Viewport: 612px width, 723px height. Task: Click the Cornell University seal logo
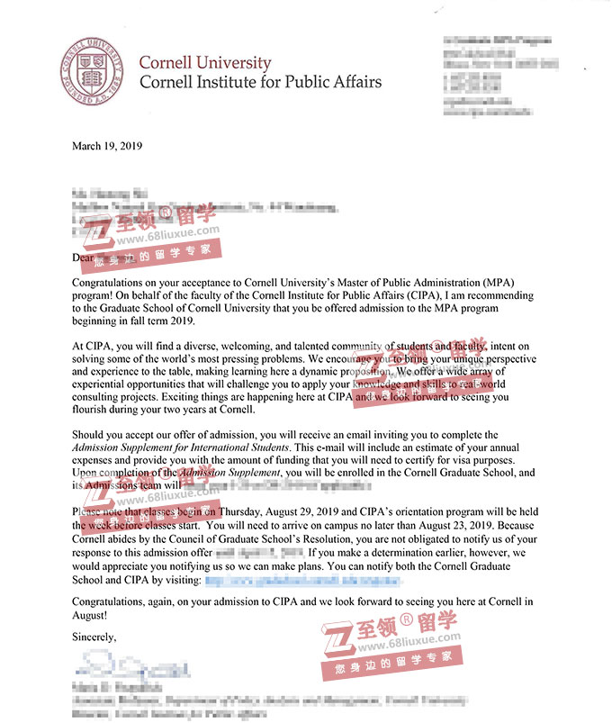(89, 72)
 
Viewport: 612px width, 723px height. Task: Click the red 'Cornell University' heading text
(204, 63)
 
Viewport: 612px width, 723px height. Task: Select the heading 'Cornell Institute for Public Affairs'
(260, 83)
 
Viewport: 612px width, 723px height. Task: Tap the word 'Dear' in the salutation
(84, 257)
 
